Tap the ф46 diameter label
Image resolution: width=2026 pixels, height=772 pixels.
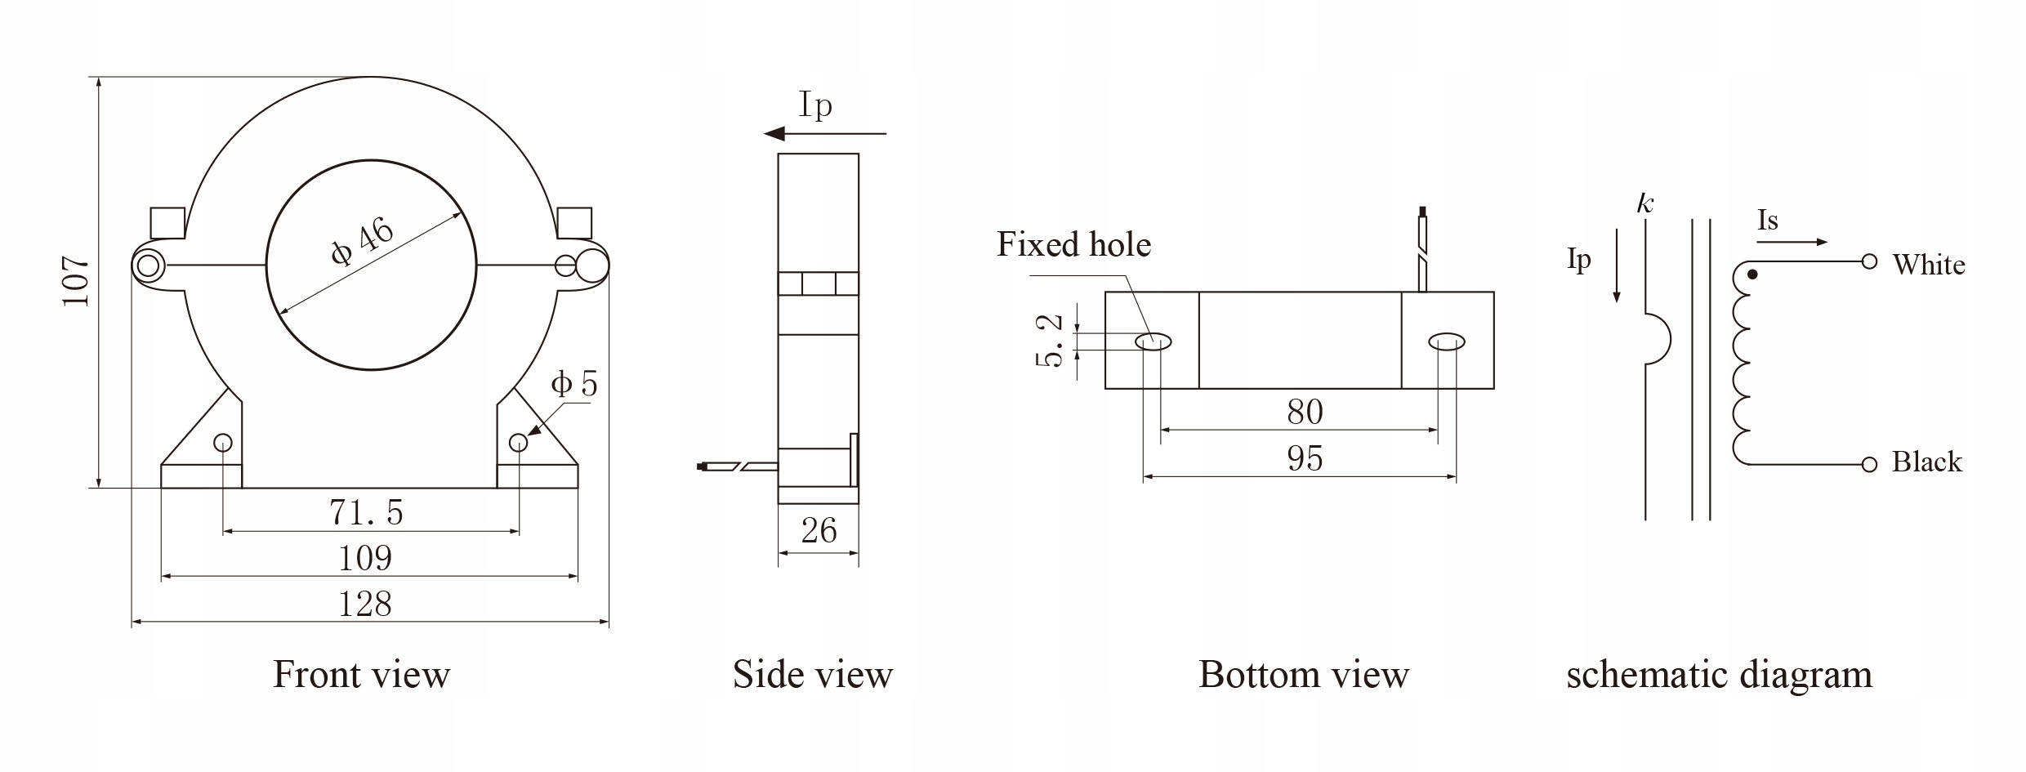click(363, 243)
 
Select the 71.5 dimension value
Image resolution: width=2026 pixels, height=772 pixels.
click(366, 512)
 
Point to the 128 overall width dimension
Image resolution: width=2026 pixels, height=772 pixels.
click(365, 605)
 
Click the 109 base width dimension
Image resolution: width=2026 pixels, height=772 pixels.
click(365, 559)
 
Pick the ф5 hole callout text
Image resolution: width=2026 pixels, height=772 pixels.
click(574, 384)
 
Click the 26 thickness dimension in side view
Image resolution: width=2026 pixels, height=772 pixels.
click(819, 532)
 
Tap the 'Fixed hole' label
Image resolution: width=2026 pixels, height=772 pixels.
click(1073, 245)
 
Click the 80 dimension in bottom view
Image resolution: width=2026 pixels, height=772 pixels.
click(1305, 412)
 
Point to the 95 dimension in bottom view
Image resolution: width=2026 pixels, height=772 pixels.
click(1305, 459)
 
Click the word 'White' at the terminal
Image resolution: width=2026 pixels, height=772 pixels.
click(1928, 265)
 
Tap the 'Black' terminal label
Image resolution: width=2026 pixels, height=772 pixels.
click(1926, 462)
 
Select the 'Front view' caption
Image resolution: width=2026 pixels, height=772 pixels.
click(361, 675)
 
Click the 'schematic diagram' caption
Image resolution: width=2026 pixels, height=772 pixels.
click(1719, 675)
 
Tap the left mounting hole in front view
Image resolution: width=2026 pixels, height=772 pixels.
click(223, 443)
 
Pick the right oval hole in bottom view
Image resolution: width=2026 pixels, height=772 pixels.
click(1447, 342)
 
